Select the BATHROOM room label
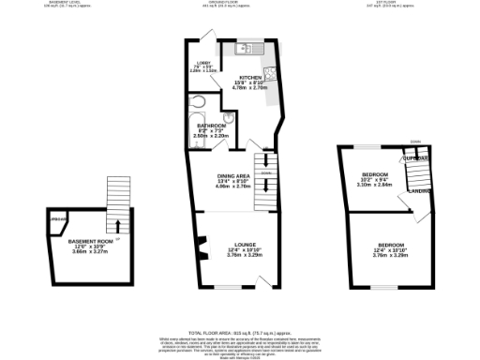tap(211, 126)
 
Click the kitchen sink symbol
tap(243, 48)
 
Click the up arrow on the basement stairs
tap(117, 224)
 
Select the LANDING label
tap(419, 191)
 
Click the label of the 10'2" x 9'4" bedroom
tap(375, 175)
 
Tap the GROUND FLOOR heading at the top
tap(228, 3)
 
